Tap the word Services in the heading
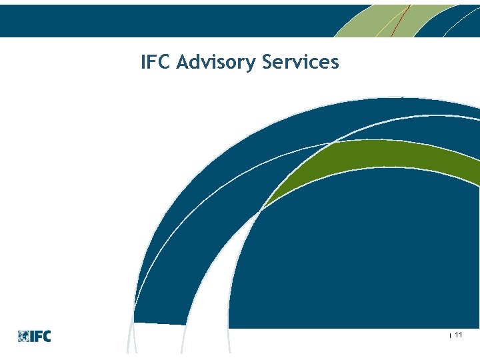(x=301, y=63)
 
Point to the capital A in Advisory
(x=185, y=63)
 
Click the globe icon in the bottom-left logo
(x=23, y=336)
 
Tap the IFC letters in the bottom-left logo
(x=40, y=336)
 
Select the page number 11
(x=459, y=335)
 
